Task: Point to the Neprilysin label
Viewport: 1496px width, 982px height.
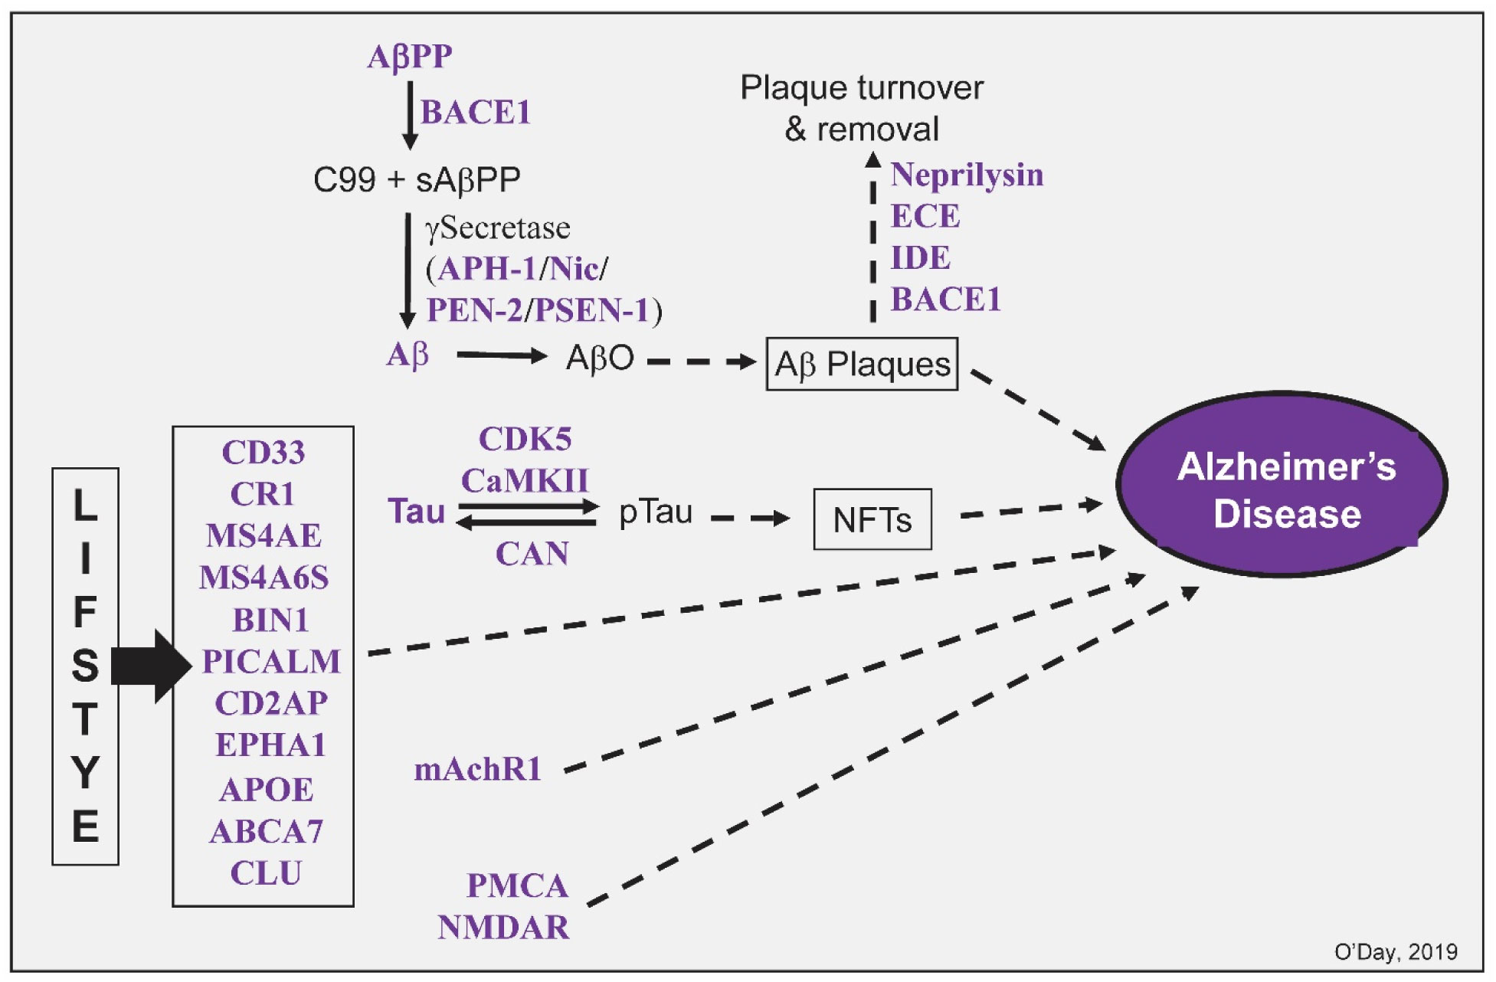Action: pyautogui.click(x=967, y=175)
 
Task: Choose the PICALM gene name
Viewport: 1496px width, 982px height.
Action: pyautogui.click(x=271, y=661)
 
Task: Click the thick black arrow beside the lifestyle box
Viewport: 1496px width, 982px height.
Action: pyautogui.click(x=152, y=666)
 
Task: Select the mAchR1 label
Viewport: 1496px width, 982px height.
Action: pyautogui.click(x=477, y=769)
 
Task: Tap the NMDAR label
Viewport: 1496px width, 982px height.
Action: pyautogui.click(x=503, y=928)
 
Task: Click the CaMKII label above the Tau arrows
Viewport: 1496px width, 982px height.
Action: pyautogui.click(x=525, y=481)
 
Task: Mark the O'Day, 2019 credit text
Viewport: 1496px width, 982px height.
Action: pyautogui.click(x=1396, y=951)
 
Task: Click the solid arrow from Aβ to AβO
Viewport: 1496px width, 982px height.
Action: pyautogui.click(x=502, y=355)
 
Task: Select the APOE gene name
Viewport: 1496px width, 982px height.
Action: pyautogui.click(x=267, y=789)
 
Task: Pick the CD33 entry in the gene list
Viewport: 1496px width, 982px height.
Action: pyautogui.click(x=264, y=452)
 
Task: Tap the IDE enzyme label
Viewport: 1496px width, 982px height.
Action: pyautogui.click(x=920, y=257)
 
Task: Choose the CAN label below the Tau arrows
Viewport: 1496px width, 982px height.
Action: pyautogui.click(x=532, y=554)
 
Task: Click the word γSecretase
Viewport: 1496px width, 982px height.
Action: pyautogui.click(x=498, y=228)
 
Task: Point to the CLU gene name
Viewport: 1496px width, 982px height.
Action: pyautogui.click(x=266, y=872)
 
